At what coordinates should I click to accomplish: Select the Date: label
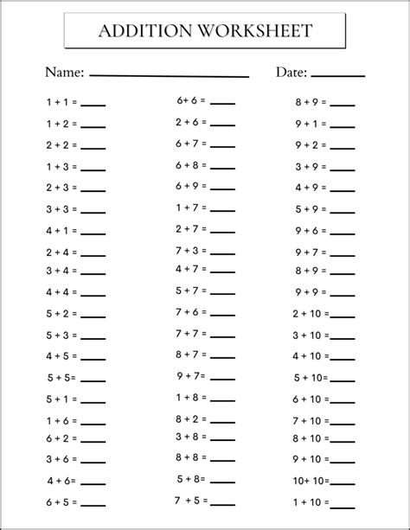pyautogui.click(x=291, y=72)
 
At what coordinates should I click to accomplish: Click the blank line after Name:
pyautogui.click(x=169, y=76)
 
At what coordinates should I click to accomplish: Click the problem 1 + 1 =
pyautogui.click(x=61, y=102)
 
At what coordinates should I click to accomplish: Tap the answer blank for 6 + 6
pyautogui.click(x=222, y=104)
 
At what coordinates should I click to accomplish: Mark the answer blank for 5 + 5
pyautogui.click(x=93, y=380)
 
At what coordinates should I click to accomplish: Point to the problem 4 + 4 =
pyautogui.click(x=61, y=292)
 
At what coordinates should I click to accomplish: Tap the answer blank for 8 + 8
pyautogui.click(x=222, y=460)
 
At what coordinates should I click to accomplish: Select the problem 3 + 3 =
pyautogui.click(x=61, y=208)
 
